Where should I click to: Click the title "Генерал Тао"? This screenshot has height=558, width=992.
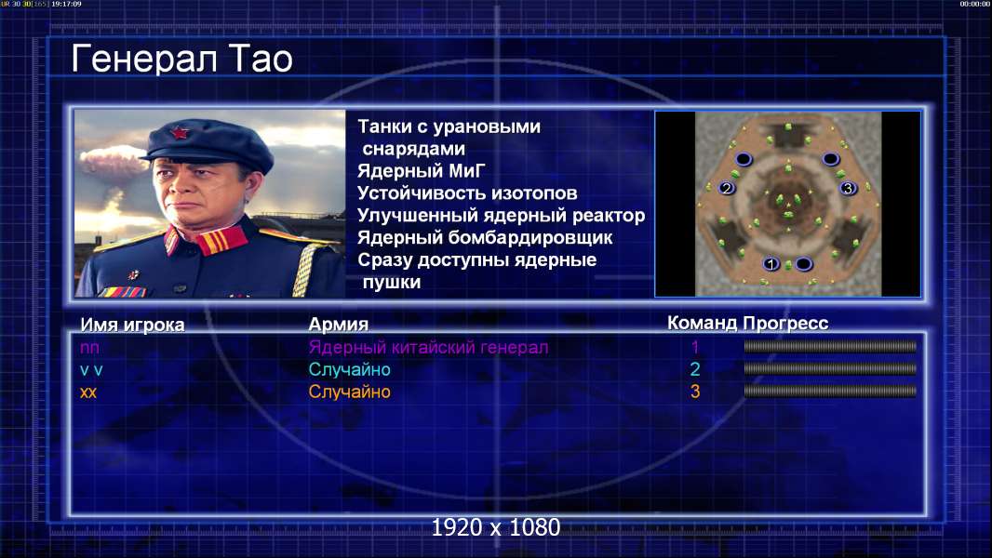click(182, 59)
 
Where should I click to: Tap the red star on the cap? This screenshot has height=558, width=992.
click(179, 132)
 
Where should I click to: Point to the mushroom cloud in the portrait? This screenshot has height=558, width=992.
click(114, 165)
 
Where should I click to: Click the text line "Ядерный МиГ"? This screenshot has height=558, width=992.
click(422, 170)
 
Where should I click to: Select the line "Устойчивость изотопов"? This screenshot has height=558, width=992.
click(467, 193)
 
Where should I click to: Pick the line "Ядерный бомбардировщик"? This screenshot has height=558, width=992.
click(485, 237)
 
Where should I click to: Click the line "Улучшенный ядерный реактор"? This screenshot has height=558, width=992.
click(501, 216)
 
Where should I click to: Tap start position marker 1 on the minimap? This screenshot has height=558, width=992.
click(771, 263)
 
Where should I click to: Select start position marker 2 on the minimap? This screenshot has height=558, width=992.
click(727, 188)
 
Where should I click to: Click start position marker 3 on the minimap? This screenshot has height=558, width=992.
click(848, 188)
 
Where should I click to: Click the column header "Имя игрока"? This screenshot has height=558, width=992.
click(132, 325)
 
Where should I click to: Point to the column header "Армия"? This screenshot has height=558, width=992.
click(339, 325)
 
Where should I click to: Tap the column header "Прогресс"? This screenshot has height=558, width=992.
click(785, 324)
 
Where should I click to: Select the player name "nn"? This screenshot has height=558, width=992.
click(89, 348)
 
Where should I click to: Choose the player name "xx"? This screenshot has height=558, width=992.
click(88, 392)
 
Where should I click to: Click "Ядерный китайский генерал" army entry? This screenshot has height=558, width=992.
click(428, 348)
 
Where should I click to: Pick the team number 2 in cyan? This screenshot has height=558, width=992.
click(695, 369)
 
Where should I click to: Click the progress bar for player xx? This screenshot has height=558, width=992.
click(830, 392)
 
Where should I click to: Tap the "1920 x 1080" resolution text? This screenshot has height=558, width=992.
click(496, 527)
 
